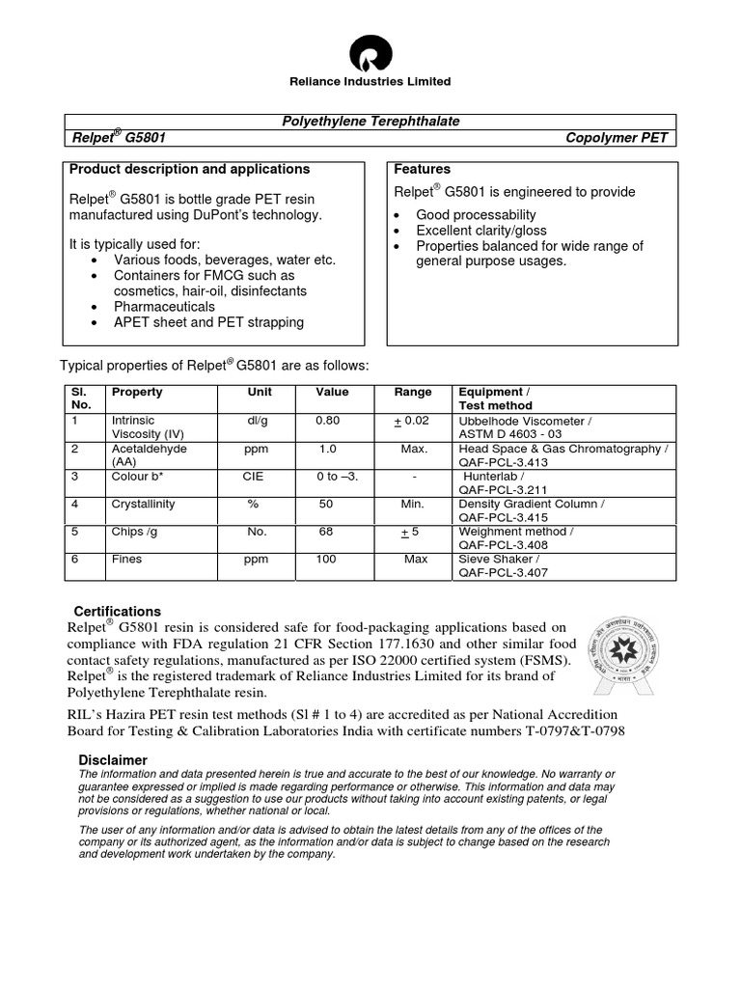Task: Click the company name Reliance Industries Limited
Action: coord(371,82)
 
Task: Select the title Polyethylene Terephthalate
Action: coord(370,121)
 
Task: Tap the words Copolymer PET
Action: coord(616,138)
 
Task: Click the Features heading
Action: coord(423,169)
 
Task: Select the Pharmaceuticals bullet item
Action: coord(164,306)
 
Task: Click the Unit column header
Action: coord(260,393)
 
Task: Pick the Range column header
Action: coord(413,393)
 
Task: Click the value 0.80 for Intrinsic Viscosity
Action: coord(328,421)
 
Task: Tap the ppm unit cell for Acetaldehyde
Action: coord(256,449)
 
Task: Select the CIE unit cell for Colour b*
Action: coord(253,477)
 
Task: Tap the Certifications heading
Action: coord(118,612)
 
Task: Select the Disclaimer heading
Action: coord(113,760)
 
